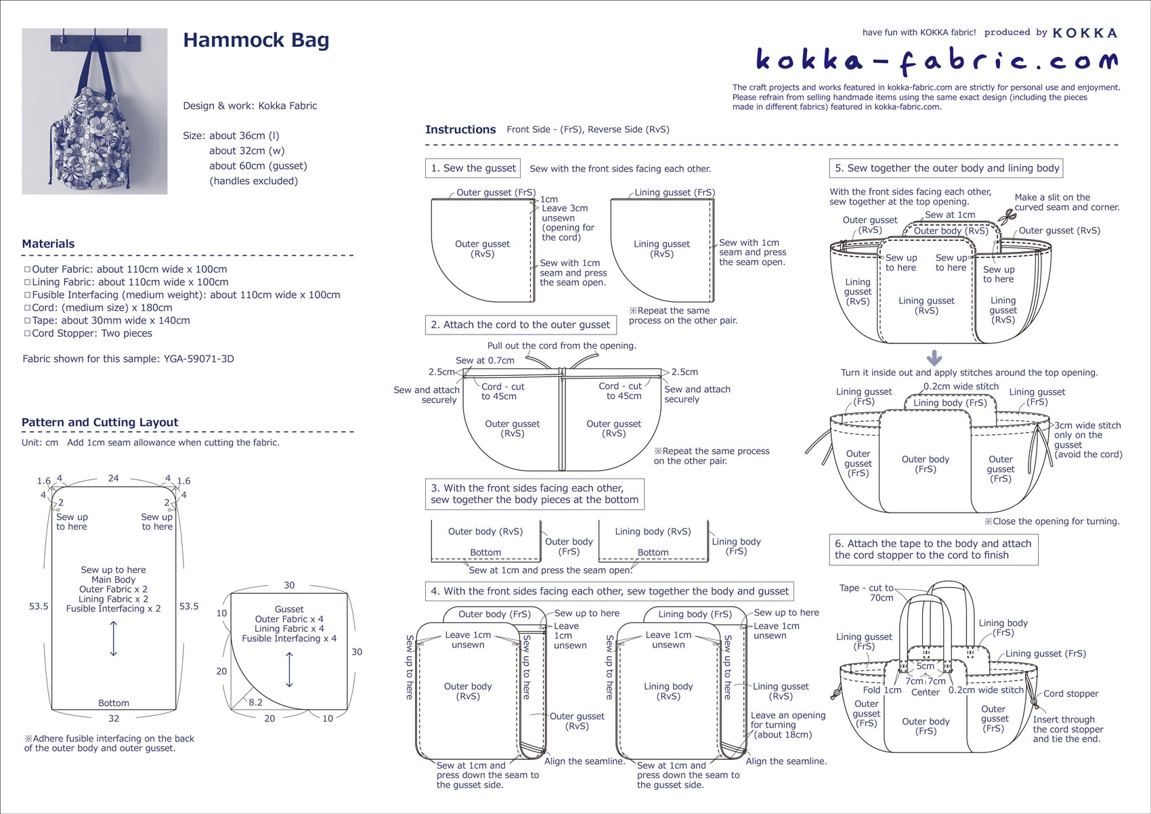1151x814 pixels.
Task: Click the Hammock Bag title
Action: (x=256, y=41)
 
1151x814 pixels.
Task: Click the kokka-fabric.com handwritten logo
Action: (x=936, y=60)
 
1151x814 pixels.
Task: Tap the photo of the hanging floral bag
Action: (x=95, y=112)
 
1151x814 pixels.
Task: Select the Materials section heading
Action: (x=48, y=244)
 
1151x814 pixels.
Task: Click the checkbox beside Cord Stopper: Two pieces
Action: (x=27, y=333)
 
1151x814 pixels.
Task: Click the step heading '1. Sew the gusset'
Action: (x=473, y=168)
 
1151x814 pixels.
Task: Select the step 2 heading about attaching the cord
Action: (x=520, y=325)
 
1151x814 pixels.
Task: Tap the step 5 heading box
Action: (x=946, y=168)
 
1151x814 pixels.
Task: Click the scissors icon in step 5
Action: (x=1007, y=217)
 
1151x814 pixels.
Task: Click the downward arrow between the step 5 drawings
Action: (x=934, y=358)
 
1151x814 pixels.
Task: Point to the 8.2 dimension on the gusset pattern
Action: (x=255, y=702)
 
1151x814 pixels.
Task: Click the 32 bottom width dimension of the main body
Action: (x=114, y=719)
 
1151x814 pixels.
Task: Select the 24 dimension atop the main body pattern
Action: (x=113, y=478)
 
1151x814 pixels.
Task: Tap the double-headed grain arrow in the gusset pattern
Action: (x=290, y=670)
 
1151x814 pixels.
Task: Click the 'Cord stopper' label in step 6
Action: (x=1070, y=693)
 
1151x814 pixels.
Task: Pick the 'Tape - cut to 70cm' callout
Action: (x=869, y=593)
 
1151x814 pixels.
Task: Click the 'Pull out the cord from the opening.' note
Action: (x=561, y=345)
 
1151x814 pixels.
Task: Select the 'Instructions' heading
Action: (x=460, y=129)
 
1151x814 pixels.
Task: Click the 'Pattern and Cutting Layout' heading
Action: (x=100, y=423)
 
